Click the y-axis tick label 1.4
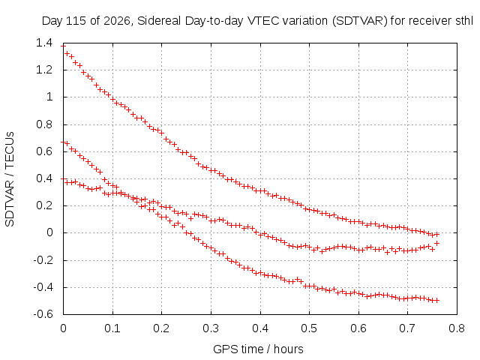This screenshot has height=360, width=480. [x=44, y=43]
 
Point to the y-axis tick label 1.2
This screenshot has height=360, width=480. [x=44, y=70]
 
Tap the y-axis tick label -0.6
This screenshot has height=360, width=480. [x=43, y=314]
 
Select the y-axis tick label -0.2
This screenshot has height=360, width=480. [x=43, y=260]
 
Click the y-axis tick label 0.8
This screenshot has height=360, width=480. [x=44, y=124]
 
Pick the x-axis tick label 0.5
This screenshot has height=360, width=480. [x=309, y=328]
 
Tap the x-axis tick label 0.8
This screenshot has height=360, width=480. [x=457, y=328]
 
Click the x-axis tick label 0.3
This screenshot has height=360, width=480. [x=211, y=328]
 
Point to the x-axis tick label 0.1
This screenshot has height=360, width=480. [x=112, y=328]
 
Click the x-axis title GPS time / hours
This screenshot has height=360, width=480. [x=258, y=349]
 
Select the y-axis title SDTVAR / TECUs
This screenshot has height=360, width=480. [x=10, y=179]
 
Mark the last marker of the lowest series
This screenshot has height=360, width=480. [x=437, y=300]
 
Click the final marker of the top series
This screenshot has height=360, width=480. [x=437, y=234]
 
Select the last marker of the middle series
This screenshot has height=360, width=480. [x=437, y=243]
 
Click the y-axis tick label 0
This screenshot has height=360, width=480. [x=49, y=232]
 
